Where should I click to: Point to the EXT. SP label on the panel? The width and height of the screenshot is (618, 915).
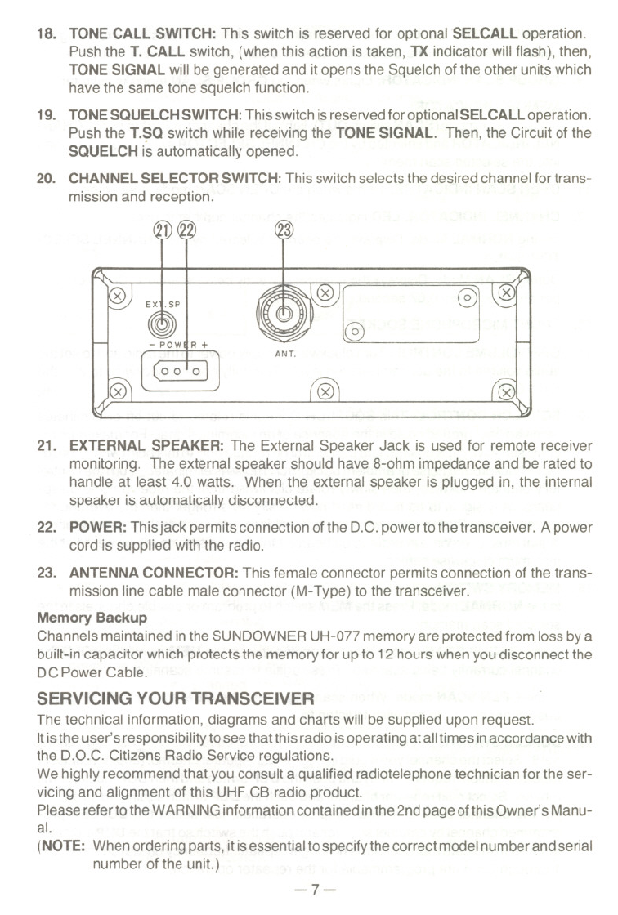pyautogui.click(x=163, y=305)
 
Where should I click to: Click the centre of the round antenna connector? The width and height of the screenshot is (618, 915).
pyautogui.click(x=283, y=310)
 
